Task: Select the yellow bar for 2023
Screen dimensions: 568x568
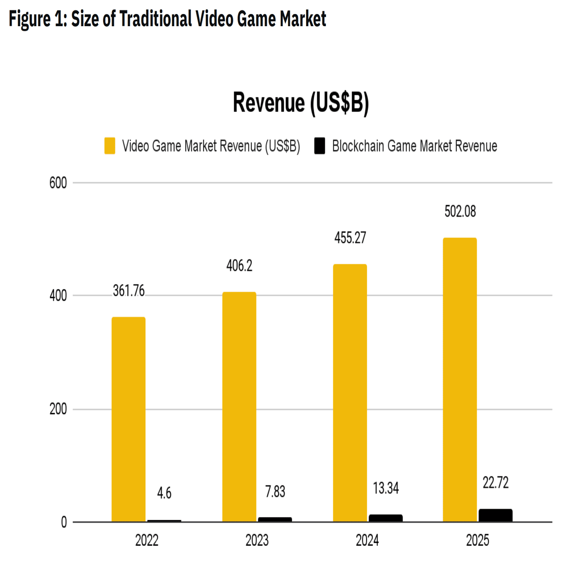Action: click(x=239, y=406)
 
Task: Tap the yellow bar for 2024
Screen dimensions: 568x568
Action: click(x=350, y=393)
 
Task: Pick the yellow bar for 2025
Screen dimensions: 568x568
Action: click(x=460, y=379)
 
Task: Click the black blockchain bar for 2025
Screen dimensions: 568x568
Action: click(x=495, y=515)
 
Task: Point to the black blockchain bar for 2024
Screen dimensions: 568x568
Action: click(x=386, y=518)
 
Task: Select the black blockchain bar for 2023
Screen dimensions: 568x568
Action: click(x=275, y=519)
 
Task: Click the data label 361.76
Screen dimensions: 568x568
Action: click(x=129, y=291)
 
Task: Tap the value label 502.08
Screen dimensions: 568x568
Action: click(x=460, y=211)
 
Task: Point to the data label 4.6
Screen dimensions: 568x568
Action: click(x=164, y=493)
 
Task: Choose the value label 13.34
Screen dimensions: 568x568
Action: click(x=386, y=488)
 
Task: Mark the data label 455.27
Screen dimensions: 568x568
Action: click(x=350, y=238)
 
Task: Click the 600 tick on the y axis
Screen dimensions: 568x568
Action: click(x=58, y=183)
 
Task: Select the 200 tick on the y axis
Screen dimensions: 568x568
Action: click(x=58, y=409)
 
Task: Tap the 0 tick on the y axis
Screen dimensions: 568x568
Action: click(x=64, y=522)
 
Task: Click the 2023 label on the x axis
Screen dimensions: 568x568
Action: click(x=257, y=540)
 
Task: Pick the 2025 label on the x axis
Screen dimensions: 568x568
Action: click(x=478, y=540)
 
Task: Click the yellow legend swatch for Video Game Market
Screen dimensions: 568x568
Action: click(x=110, y=146)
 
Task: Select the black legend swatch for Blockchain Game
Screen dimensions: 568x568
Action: click(x=320, y=146)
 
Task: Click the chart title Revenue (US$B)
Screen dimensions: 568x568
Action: click(x=301, y=102)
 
